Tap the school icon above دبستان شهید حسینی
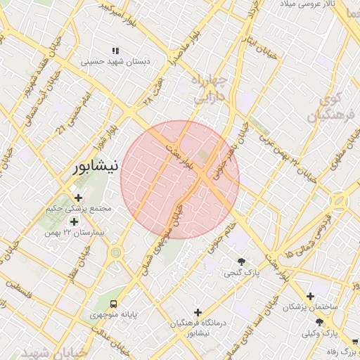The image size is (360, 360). [116, 51]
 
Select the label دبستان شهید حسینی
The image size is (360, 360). [116, 61]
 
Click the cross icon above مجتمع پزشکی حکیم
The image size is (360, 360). [78, 198]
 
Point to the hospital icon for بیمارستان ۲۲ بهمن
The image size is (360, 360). [74, 221]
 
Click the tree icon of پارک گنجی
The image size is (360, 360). [243, 261]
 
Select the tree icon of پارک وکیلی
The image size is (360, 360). [320, 321]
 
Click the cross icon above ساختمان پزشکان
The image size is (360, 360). [310, 296]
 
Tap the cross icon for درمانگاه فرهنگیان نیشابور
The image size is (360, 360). [198, 312]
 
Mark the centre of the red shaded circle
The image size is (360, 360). [180, 179]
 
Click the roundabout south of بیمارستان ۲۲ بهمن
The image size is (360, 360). [116, 252]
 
